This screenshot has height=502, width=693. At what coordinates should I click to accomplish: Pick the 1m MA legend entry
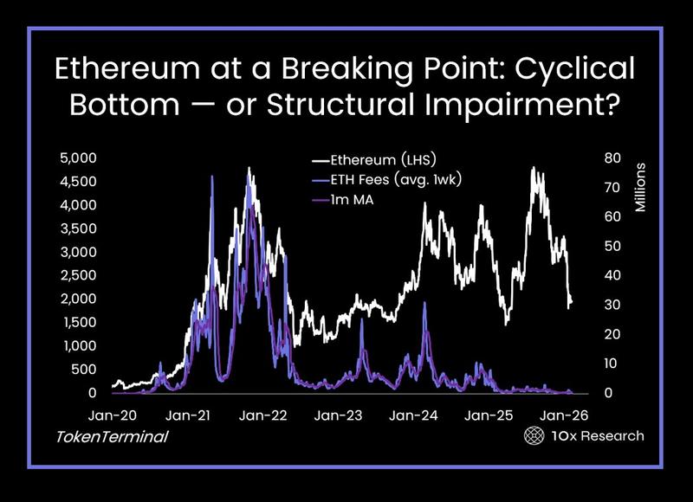pyautogui.click(x=350, y=202)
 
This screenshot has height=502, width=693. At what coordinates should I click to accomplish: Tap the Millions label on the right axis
pyautogui.click(x=641, y=186)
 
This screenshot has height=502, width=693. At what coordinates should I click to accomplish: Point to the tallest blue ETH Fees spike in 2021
pyautogui.click(x=212, y=177)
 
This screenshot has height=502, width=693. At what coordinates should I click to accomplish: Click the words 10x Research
pyautogui.click(x=597, y=435)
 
